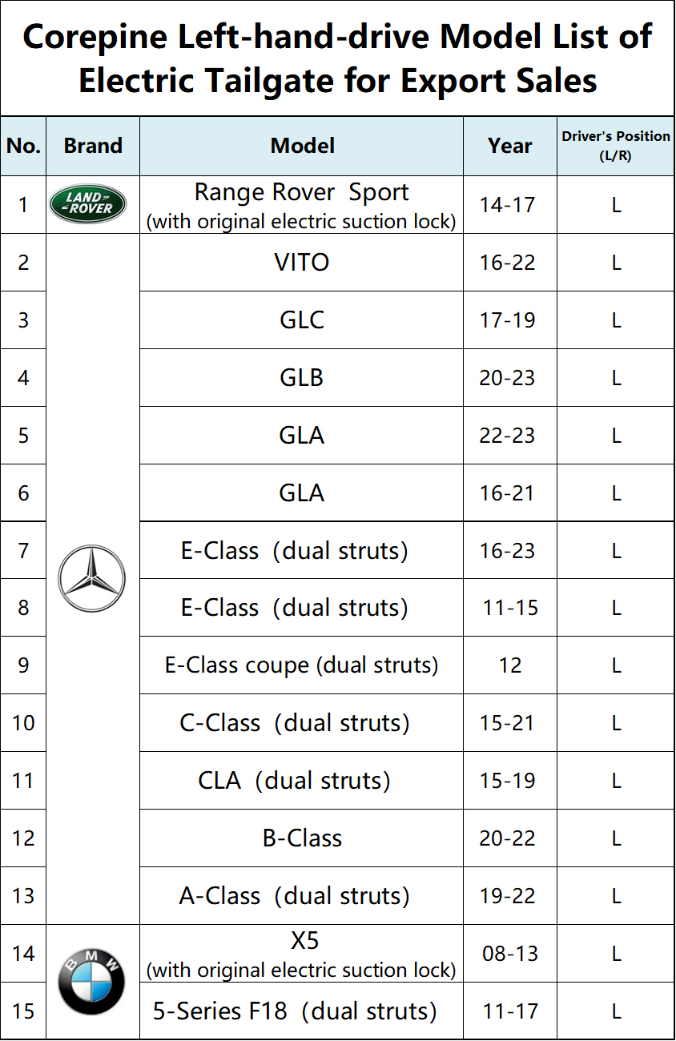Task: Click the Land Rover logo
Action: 88,203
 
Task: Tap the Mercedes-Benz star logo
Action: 91,578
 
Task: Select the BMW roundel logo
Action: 91,981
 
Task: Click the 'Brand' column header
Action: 93,146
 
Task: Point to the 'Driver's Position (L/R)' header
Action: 616,146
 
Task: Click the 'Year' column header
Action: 509,146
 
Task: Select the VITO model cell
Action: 302,262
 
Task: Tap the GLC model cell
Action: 302,320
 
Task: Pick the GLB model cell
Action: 301,377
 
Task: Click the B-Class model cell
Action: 302,838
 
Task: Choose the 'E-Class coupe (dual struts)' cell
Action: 302,665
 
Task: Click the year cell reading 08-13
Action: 510,954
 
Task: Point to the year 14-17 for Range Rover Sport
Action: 507,205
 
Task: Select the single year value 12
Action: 510,665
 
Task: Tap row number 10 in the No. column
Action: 23,723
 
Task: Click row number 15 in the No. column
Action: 23,1011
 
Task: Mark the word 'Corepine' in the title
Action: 95,38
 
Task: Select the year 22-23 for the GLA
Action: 507,436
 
